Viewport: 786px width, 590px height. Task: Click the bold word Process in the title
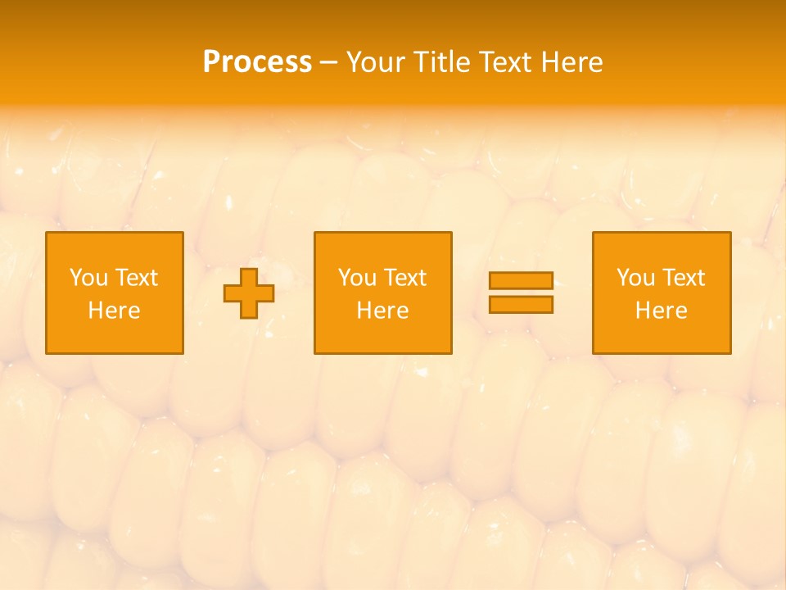(257, 62)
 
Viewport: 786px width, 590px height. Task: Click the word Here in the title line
(572, 62)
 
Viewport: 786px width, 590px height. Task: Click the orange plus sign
(249, 293)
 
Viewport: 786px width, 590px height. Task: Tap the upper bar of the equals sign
(521, 281)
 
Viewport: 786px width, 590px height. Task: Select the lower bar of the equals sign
(521, 304)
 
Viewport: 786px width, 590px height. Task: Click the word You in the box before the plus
(88, 278)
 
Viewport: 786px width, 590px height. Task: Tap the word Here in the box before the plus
(115, 311)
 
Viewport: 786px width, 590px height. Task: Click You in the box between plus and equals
(357, 278)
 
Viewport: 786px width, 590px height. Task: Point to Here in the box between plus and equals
(383, 311)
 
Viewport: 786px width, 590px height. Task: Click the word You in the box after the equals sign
(635, 278)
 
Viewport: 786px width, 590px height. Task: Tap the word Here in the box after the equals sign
(662, 311)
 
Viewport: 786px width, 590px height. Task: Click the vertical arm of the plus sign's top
(249, 276)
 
